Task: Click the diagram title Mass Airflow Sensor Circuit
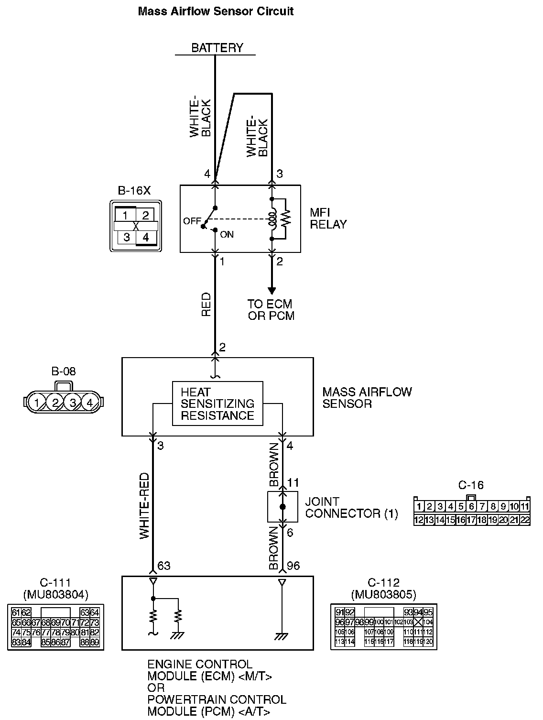click(216, 11)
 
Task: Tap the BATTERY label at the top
click(217, 48)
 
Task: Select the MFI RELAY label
click(328, 218)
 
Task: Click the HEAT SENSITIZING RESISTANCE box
click(217, 404)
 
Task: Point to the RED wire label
click(206, 305)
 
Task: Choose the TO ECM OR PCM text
click(270, 310)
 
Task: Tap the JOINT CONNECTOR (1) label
click(351, 508)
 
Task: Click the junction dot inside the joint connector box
click(282, 507)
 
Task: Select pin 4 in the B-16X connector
click(146, 237)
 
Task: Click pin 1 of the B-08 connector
click(37, 403)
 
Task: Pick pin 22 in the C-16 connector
click(525, 520)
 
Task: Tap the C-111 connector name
click(55, 583)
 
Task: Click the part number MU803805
click(383, 595)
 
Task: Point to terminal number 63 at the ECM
click(163, 566)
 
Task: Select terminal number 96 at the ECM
click(293, 566)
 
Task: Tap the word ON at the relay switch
click(227, 235)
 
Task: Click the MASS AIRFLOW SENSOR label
click(367, 398)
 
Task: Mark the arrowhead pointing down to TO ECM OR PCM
click(271, 291)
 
